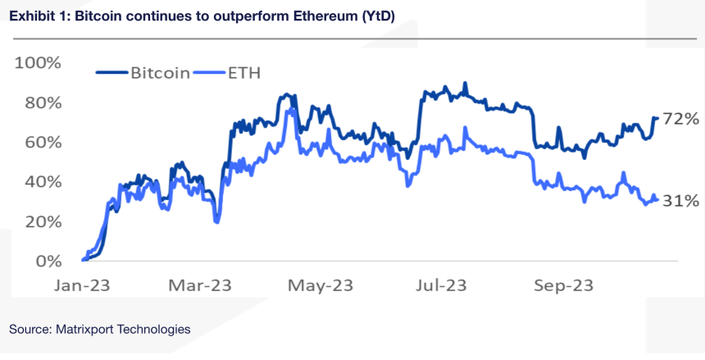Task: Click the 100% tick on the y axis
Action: point(39,63)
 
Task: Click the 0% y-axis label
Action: point(48,262)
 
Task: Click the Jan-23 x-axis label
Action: point(82,285)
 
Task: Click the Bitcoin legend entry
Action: point(160,73)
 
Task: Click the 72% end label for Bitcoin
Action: point(680,120)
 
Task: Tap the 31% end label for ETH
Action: point(680,201)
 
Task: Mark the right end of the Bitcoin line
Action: point(657,118)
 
